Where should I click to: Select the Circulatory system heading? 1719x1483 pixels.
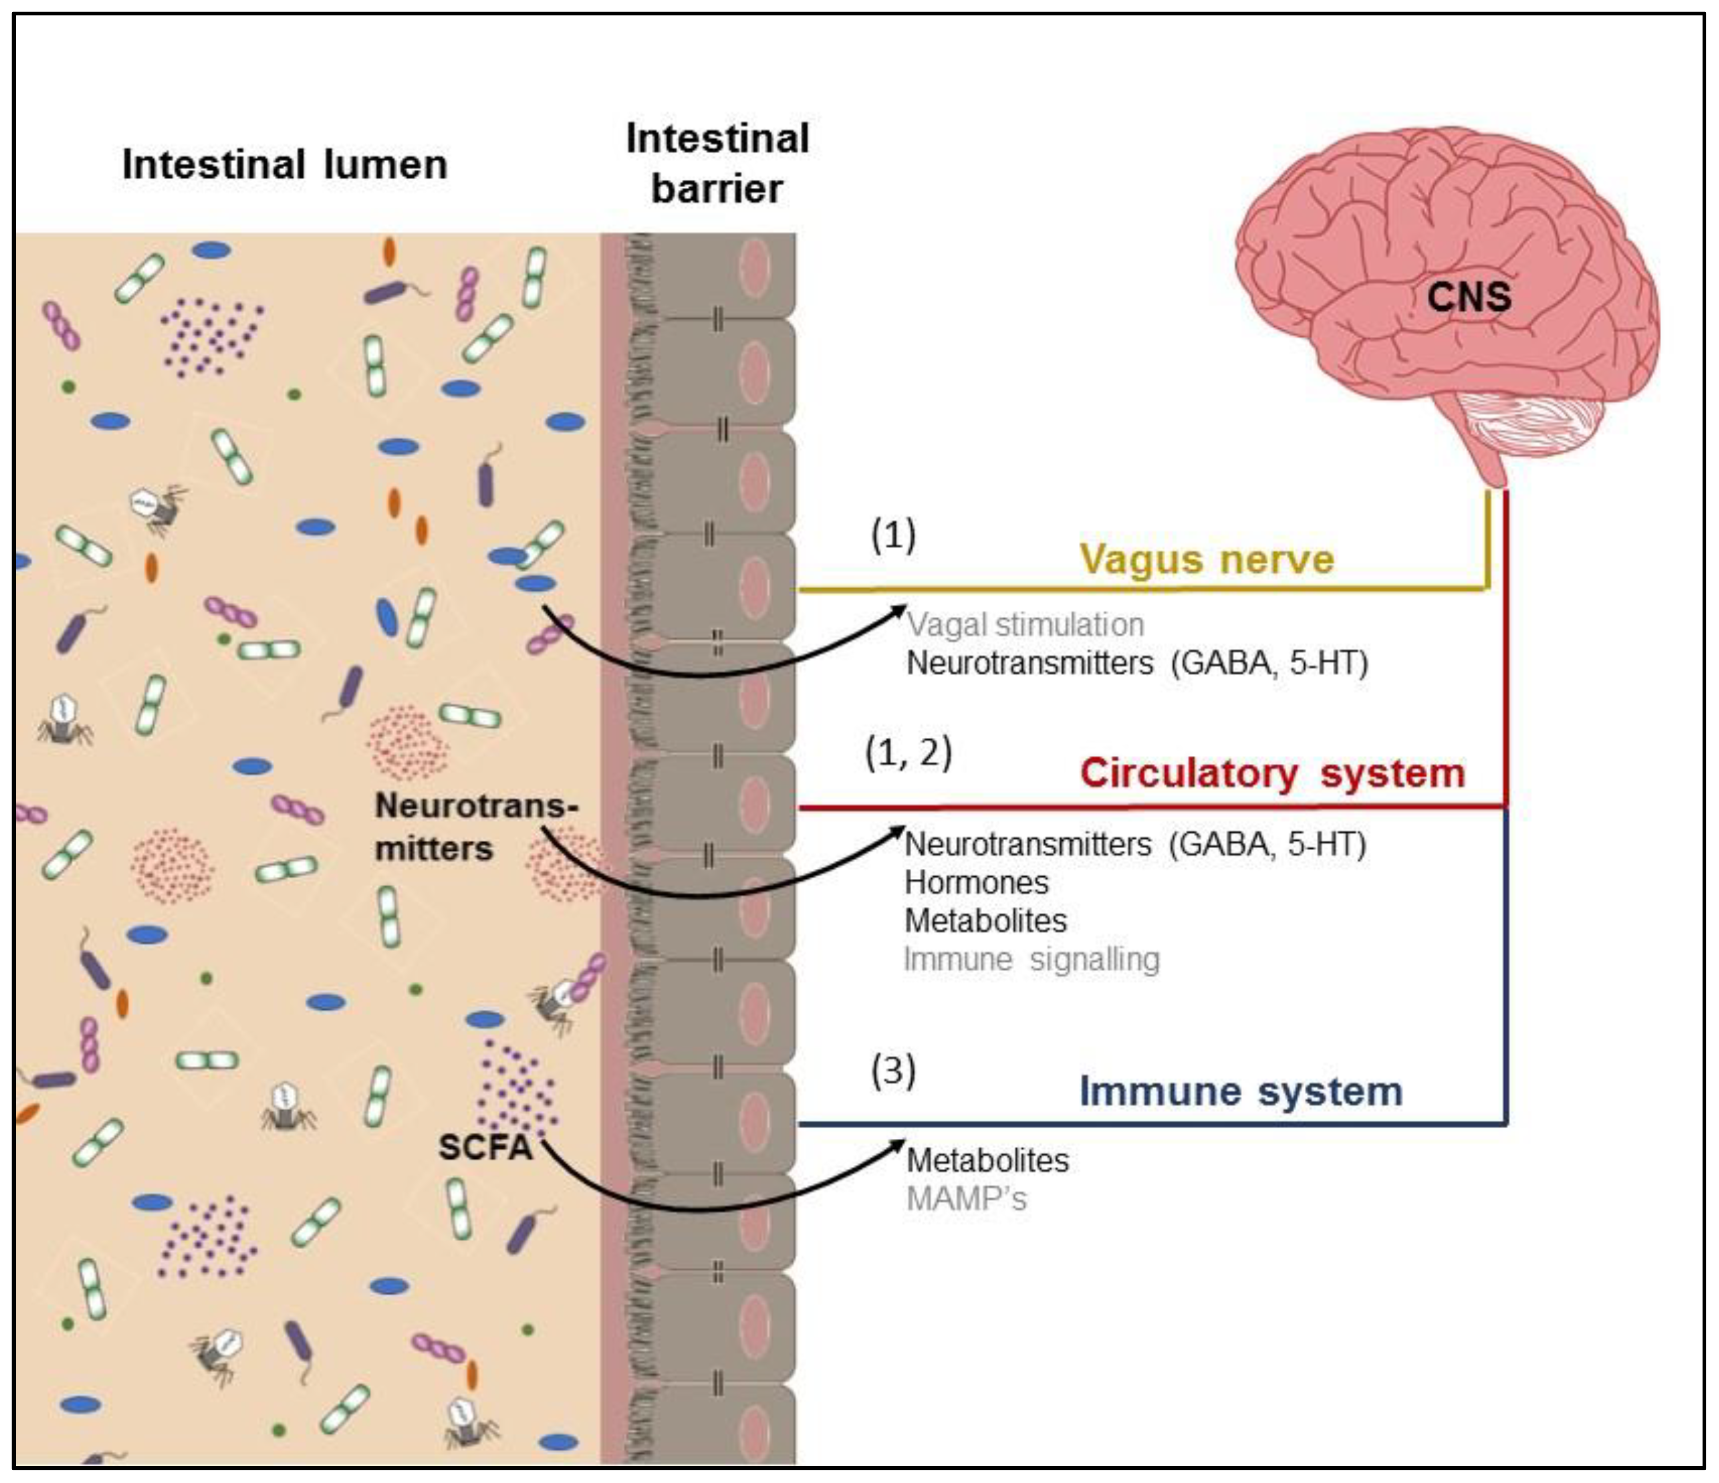1272,773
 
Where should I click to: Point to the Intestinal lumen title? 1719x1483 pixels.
285,164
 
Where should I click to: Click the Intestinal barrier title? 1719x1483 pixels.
717,163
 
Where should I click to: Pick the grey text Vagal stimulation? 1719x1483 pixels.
1025,625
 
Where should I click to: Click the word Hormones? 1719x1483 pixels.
976,883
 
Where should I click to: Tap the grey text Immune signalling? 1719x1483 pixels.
1031,959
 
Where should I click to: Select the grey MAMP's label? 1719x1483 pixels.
966,1199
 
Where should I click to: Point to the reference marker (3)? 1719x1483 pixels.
893,1071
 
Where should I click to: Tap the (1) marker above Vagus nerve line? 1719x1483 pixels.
893,535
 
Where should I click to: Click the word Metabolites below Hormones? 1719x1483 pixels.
985,921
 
